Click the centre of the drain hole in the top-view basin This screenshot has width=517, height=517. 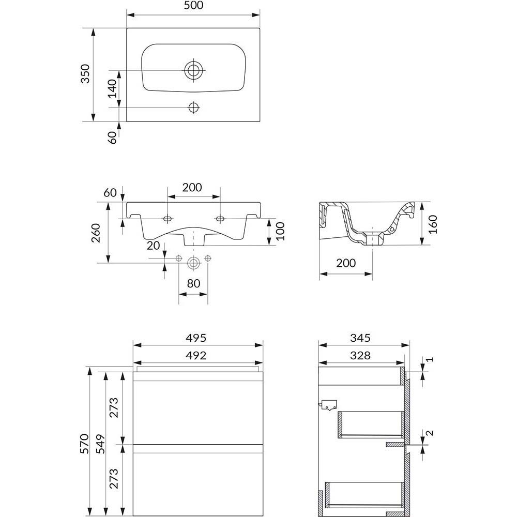point(193,70)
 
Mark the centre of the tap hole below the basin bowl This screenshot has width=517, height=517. point(193,108)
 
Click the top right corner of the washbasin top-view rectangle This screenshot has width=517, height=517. point(260,28)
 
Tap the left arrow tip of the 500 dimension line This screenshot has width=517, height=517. point(127,15)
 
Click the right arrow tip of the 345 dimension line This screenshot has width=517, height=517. point(409,345)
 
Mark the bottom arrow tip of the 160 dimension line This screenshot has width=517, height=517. point(422,245)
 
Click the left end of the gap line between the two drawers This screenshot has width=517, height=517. point(133,445)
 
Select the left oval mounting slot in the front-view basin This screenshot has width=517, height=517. point(168,219)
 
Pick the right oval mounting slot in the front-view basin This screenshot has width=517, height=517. point(220,219)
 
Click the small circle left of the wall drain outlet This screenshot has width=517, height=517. point(179,258)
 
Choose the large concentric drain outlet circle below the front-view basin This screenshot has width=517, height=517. point(193,263)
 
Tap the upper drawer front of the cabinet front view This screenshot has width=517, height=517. point(198,408)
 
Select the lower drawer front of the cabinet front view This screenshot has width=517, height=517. point(198,480)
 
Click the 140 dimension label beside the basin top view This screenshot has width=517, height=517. point(112,88)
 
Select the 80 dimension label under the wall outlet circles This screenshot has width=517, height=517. point(193,283)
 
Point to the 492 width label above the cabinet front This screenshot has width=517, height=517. point(196,355)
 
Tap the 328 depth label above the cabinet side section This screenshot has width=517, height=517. point(360,355)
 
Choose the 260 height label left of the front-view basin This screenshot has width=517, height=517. point(96,233)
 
